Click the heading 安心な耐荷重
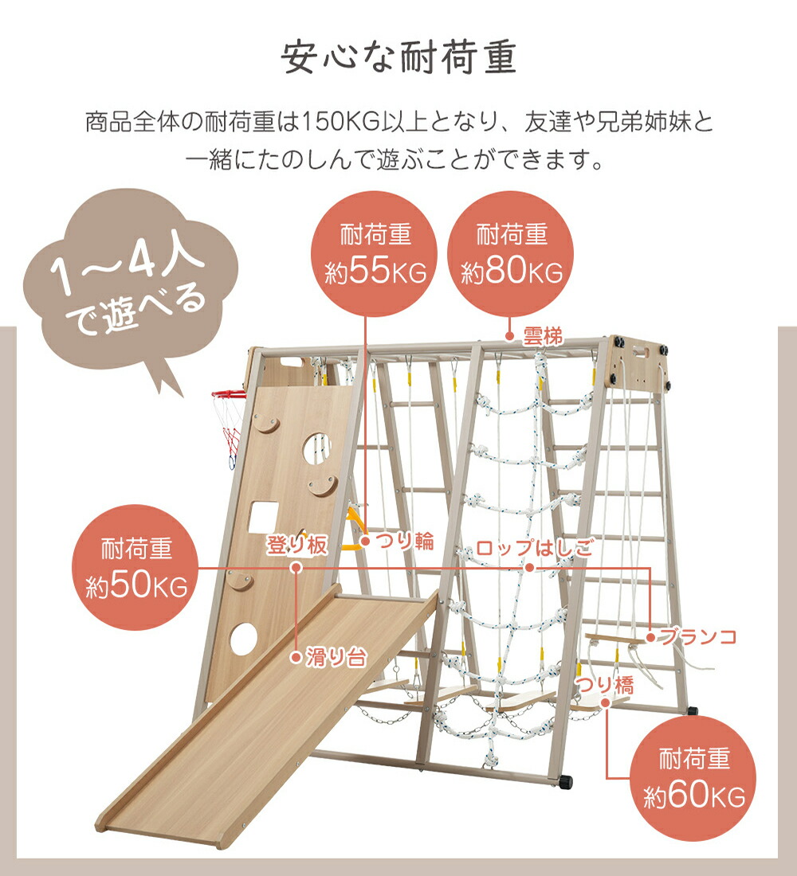click(x=398, y=57)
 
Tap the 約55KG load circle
click(x=374, y=254)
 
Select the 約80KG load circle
click(x=511, y=254)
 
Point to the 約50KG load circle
click(x=135, y=568)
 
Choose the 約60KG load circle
click(x=693, y=778)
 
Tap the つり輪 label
click(x=404, y=542)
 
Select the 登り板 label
click(x=296, y=546)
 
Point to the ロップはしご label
click(x=534, y=548)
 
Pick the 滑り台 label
click(x=336, y=658)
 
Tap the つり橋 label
click(x=605, y=685)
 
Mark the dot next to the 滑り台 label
click(x=296, y=658)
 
